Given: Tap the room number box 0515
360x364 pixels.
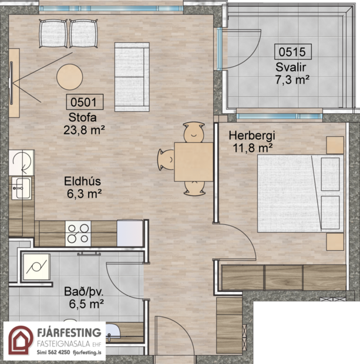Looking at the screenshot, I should pyautogui.click(x=292, y=52).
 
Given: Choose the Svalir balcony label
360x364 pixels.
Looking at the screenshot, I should pyautogui.click(x=292, y=66).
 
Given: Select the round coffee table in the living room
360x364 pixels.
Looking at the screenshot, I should pyautogui.click(x=69, y=76).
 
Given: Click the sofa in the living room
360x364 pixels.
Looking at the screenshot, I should pyautogui.click(x=130, y=76).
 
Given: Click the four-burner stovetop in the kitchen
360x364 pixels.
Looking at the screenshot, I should pyautogui.click(x=78, y=233).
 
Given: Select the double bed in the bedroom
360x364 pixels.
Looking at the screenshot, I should pyautogui.click(x=300, y=194).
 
